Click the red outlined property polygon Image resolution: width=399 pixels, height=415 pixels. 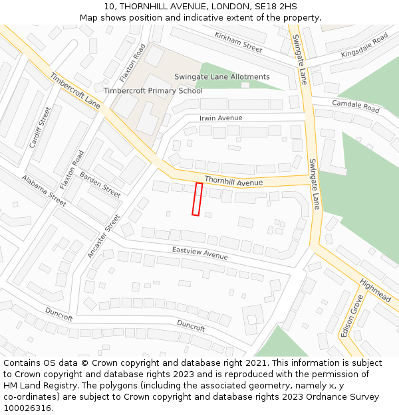pyautogui.click(x=197, y=199)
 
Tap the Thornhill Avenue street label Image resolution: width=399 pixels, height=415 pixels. pyautogui.click(x=233, y=181)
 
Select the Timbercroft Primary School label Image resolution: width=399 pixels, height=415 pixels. pyautogui.click(x=153, y=90)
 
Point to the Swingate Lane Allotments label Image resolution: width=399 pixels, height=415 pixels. pyautogui.click(x=222, y=77)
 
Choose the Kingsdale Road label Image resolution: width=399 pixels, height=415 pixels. pyautogui.click(x=364, y=44)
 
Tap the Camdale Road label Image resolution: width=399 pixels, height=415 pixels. pyautogui.click(x=356, y=106)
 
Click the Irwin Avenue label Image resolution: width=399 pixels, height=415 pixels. pyautogui.click(x=221, y=118)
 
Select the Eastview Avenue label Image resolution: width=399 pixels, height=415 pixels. pyautogui.click(x=199, y=253)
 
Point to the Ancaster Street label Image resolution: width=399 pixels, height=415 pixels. pyautogui.click(x=104, y=236)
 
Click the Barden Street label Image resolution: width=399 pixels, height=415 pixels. pyautogui.click(x=100, y=184)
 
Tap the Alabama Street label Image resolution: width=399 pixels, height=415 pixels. pyautogui.click(x=44, y=189)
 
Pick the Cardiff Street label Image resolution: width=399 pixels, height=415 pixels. pyautogui.click(x=40, y=127)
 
